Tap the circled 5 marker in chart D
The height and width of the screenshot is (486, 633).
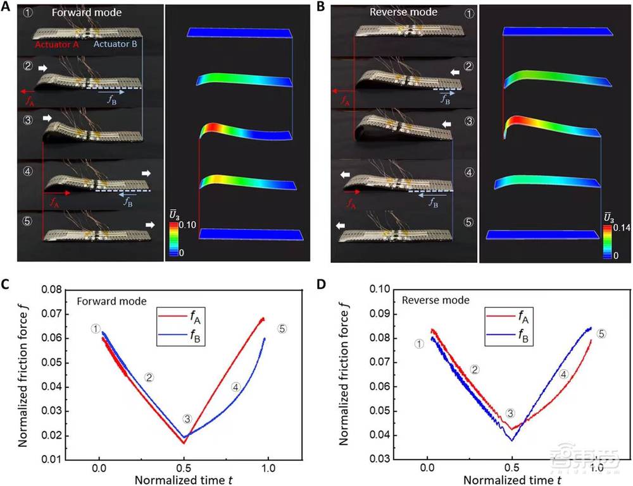point(601,333)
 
